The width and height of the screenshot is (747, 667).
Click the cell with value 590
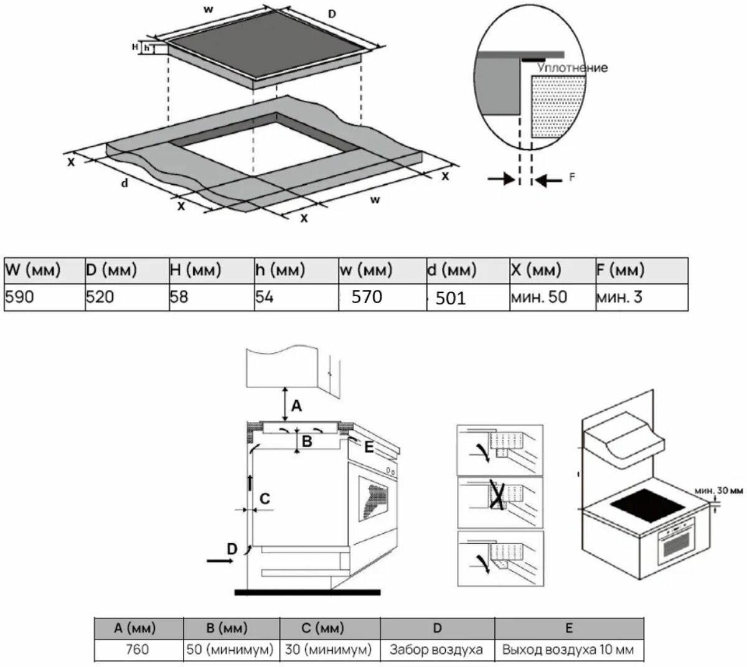[x=20, y=297]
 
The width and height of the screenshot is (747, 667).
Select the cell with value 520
[x=100, y=297]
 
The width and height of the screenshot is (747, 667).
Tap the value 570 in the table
[x=367, y=297]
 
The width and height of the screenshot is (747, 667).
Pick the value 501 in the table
[x=451, y=299]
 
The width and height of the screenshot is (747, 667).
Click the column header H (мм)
[x=195, y=270]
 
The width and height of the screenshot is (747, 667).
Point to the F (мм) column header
[x=620, y=270]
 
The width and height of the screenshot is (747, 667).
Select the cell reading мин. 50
[x=538, y=297]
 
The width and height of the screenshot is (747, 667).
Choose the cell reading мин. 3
[x=619, y=297]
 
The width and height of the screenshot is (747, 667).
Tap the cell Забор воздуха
[x=436, y=650]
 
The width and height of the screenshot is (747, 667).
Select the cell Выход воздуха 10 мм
[x=568, y=650]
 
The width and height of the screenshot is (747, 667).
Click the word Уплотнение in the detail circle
[x=572, y=67]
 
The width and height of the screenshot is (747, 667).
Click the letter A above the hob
[x=297, y=406]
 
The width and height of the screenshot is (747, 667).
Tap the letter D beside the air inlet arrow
[x=232, y=548]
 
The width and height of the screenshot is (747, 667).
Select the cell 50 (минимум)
[x=230, y=650]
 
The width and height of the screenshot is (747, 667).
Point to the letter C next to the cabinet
[x=264, y=498]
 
